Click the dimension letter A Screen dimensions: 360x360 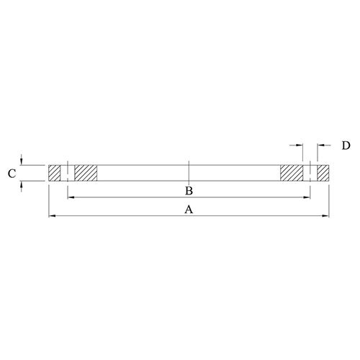(189, 210)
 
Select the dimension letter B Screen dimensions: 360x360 (188, 191)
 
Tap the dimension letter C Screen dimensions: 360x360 (11, 173)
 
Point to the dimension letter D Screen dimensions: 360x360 (346, 145)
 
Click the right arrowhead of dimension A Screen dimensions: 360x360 (328, 215)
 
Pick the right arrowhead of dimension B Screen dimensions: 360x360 (309, 197)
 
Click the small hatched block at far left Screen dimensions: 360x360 (55, 173)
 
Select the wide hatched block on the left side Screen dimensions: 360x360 (85, 173)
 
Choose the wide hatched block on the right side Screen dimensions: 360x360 (292, 173)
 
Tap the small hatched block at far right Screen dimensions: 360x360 (323, 173)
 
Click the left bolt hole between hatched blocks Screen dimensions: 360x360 (68, 173)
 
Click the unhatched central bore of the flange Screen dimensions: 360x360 (144, 173)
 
